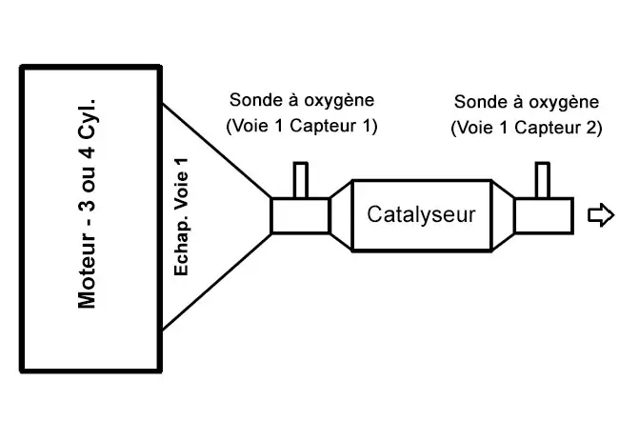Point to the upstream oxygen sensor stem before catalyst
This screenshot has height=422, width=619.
pos(300,179)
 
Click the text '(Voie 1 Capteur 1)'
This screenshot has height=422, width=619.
pos(301,126)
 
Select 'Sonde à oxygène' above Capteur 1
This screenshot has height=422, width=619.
pos(302,100)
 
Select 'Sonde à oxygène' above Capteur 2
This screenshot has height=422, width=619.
pos(528,101)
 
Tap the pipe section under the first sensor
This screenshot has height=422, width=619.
pos(299,215)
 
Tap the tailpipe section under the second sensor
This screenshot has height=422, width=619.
pos(544,215)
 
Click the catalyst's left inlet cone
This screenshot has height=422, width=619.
pos(340,215)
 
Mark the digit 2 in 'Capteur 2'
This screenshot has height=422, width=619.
pos(591,127)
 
